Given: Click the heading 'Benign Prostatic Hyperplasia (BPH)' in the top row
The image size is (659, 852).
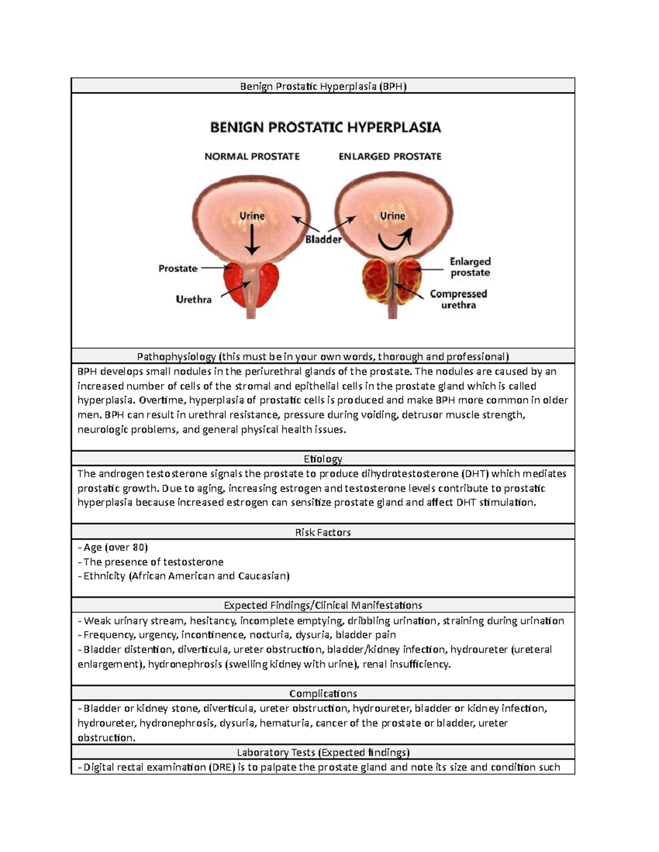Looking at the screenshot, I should click(x=323, y=86).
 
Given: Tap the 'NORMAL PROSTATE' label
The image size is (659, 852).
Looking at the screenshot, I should click(x=252, y=156).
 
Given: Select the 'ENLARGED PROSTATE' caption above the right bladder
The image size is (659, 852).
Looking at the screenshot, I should click(x=390, y=156).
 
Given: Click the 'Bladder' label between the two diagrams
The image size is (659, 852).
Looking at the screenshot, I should click(x=323, y=240).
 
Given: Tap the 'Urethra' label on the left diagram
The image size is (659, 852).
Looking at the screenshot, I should click(x=193, y=300).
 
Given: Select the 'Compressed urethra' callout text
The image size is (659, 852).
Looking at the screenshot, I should click(x=459, y=300).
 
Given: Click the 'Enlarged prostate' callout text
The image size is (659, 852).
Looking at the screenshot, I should click(x=470, y=267).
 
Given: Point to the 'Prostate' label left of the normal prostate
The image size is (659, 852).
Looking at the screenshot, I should click(x=177, y=268).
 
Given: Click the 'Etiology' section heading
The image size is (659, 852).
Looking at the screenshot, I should click(x=323, y=459).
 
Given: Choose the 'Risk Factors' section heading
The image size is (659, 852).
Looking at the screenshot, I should click(x=323, y=532).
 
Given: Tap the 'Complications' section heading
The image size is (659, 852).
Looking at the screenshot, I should click(x=323, y=693).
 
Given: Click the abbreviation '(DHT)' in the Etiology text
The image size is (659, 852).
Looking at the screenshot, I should click(x=477, y=473).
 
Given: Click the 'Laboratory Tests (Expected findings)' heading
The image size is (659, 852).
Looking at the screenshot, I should click(x=323, y=752).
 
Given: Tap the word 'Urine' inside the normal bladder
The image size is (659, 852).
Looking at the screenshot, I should click(x=252, y=216).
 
